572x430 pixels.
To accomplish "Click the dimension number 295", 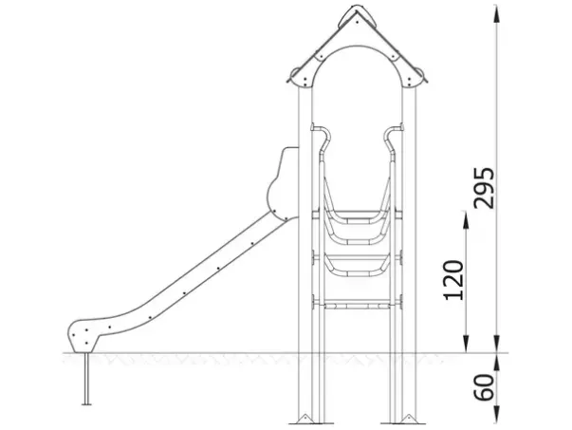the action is coord(484,188).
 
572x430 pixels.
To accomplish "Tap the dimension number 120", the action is coord(453,280).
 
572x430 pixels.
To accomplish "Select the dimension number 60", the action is coord(484,387).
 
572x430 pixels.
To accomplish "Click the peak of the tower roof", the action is coord(357,7).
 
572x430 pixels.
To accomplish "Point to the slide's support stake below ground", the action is coord(86,379).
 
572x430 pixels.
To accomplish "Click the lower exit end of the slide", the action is coord(83,337).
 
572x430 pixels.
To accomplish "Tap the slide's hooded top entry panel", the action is coord(283,183).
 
